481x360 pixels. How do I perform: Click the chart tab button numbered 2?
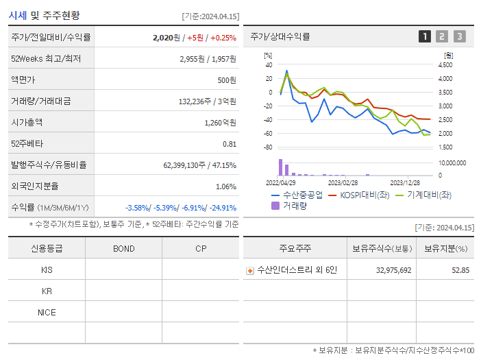click(x=442, y=36)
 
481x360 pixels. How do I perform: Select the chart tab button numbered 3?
click(x=459, y=36)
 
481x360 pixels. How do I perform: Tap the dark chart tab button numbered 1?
click(x=425, y=36)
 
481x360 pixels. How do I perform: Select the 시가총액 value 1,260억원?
click(x=220, y=123)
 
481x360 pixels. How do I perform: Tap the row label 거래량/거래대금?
click(x=41, y=101)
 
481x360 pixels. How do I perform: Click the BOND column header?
click(x=123, y=248)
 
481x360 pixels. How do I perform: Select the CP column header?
click(x=200, y=248)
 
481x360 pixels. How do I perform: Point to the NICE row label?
click(x=47, y=312)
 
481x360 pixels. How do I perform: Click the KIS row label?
click(x=47, y=269)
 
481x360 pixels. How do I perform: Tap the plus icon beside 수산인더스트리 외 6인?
click(x=250, y=270)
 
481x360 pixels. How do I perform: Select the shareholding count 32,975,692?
click(x=393, y=270)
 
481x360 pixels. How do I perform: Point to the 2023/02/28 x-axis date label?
click(x=343, y=183)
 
